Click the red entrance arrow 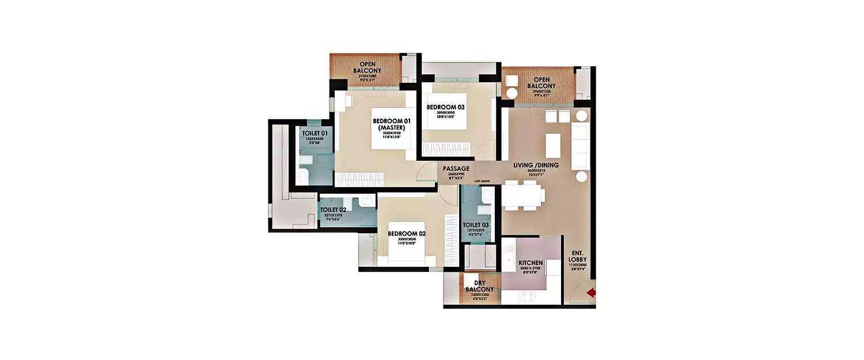coord(590,294)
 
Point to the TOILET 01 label coord(314,133)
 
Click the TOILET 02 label coord(333,210)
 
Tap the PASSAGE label coord(456,169)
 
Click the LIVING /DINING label coord(536,165)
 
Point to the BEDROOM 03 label coord(445,107)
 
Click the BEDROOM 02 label coord(406,233)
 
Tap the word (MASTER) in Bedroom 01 coord(391,128)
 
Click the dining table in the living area coord(523,195)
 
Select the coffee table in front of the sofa coord(553,145)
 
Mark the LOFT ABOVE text coord(482,181)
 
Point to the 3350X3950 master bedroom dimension coord(391,133)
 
